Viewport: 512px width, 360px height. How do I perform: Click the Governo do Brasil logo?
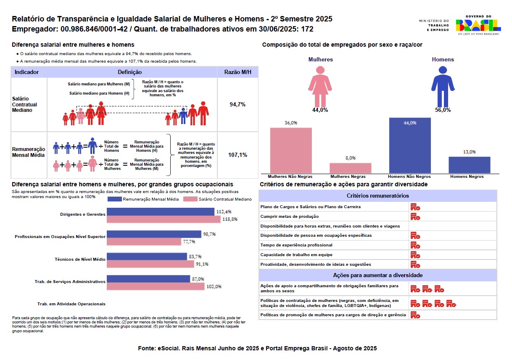(x=478, y=25)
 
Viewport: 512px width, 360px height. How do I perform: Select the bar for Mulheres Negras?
(x=350, y=168)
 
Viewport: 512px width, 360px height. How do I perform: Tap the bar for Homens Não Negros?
(x=410, y=145)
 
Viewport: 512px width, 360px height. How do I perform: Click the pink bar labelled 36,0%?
(x=291, y=150)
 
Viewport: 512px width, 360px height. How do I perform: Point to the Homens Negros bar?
(x=469, y=165)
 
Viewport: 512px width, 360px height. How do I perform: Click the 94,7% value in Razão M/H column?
(x=237, y=104)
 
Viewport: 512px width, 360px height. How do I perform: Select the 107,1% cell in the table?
(x=237, y=155)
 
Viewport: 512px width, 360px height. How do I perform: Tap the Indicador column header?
(x=26, y=72)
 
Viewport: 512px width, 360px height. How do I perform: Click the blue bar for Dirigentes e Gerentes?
(x=160, y=212)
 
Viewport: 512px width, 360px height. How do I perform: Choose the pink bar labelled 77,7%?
(x=144, y=242)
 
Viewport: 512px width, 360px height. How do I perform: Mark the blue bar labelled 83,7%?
(x=147, y=257)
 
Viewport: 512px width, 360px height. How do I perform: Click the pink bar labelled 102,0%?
(x=156, y=286)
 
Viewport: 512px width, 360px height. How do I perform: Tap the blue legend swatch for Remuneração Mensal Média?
(x=114, y=199)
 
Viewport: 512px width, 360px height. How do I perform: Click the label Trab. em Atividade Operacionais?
(x=71, y=304)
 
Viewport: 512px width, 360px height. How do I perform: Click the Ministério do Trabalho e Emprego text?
(x=434, y=25)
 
